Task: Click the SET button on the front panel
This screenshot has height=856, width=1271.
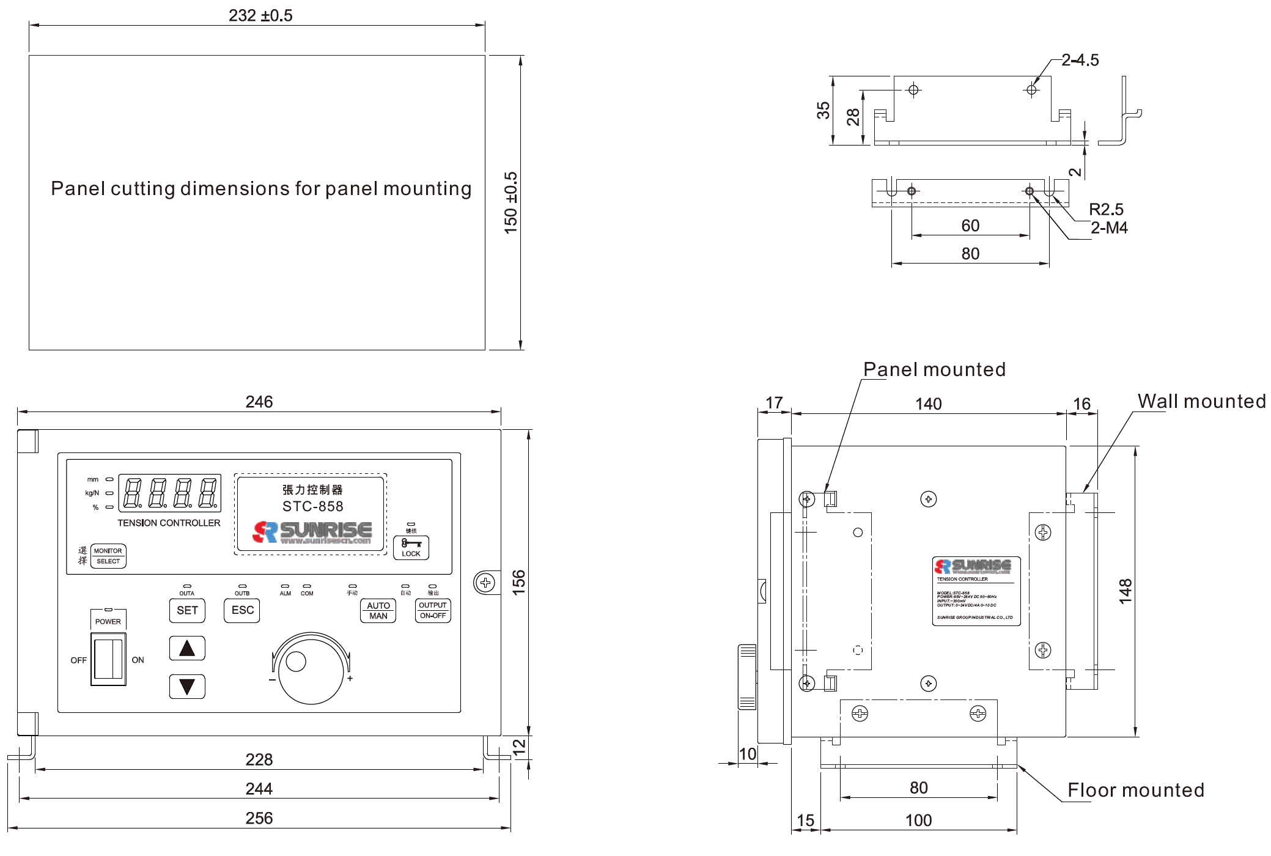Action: [187, 610]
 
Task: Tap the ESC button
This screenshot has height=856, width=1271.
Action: [242, 610]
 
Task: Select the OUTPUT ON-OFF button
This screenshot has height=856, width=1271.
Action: [433, 610]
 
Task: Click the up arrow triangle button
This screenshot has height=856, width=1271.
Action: [187, 648]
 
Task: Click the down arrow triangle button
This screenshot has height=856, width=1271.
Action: [187, 686]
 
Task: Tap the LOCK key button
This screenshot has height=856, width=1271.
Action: [411, 547]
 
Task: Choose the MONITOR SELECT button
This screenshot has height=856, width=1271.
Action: [108, 556]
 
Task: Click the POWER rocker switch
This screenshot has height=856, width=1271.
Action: [108, 659]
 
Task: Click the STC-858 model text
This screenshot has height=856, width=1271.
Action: [312, 506]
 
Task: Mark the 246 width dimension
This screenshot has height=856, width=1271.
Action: [259, 402]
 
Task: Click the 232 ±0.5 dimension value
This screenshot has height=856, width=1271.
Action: [260, 15]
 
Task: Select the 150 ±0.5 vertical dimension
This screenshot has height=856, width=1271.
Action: [510, 202]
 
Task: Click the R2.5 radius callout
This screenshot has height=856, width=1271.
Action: [1105, 209]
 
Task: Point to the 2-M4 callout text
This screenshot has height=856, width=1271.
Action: [1108, 228]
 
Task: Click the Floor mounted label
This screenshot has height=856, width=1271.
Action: [1135, 790]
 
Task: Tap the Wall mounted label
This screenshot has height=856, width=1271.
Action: [1201, 401]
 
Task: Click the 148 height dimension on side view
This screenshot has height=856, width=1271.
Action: [1125, 591]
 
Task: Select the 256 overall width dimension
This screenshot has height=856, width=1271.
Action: [259, 818]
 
